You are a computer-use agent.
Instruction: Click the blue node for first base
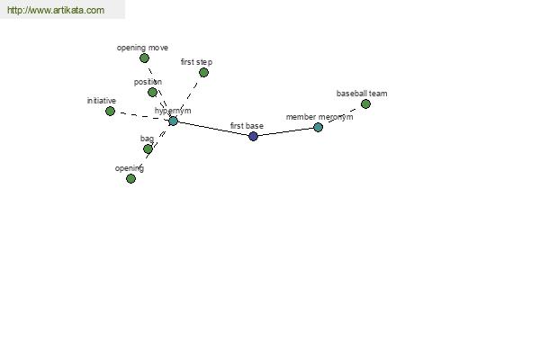pos(253,137)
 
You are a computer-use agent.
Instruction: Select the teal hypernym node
pos(173,121)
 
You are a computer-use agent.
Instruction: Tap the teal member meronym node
pos(319,128)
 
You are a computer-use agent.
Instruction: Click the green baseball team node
pos(365,104)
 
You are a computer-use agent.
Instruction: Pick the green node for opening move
pos(144,58)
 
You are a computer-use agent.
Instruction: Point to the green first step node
pos(203,73)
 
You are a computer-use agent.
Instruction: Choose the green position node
pos(152,93)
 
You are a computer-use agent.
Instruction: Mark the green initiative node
pos(110,112)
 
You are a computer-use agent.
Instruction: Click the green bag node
pos(148,149)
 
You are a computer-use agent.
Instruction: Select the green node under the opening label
pos(130,179)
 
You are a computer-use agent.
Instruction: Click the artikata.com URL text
pos(56,10)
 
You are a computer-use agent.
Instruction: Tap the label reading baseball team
pos(362,94)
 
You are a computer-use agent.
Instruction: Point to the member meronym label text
pos(319,117)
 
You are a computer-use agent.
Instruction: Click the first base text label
pos(247,126)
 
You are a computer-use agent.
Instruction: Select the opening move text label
pos(142,48)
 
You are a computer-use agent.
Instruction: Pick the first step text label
pos(196,62)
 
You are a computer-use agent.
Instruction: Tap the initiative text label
pos(101,101)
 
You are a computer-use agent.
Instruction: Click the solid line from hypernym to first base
pos(213,129)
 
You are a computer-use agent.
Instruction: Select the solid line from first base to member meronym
pos(286,132)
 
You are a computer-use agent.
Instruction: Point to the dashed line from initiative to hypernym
pos(142,116)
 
